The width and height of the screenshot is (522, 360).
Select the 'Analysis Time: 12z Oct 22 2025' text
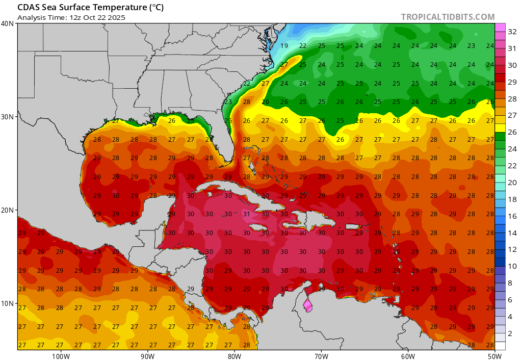[x=71, y=17]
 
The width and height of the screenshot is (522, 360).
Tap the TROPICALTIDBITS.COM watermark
[x=448, y=17]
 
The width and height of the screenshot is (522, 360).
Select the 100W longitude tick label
[x=61, y=355]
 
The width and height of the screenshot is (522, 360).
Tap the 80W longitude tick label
[x=234, y=355]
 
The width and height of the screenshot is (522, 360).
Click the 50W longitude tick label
[x=494, y=355]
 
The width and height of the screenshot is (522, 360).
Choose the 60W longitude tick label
[x=408, y=355]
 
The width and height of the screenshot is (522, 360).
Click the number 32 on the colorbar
[x=513, y=32]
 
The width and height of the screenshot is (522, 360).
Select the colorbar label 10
[x=513, y=266]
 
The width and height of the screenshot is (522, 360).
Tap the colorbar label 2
[x=513, y=333]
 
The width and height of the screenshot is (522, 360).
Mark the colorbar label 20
[x=513, y=183]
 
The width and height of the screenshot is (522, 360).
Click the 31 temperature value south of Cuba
[x=247, y=214]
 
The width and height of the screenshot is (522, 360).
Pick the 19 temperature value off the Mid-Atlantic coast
[x=284, y=46]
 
